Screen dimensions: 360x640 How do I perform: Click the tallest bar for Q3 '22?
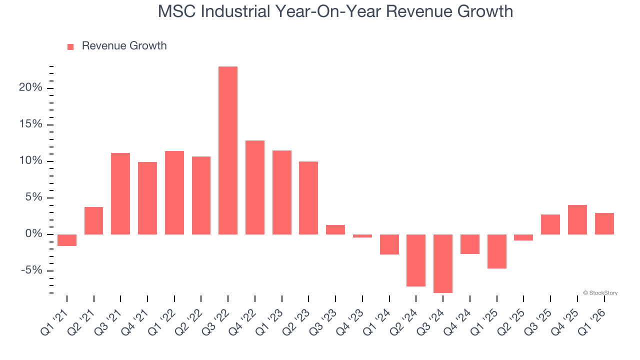point(228,150)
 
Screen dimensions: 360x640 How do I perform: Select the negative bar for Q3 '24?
point(443,263)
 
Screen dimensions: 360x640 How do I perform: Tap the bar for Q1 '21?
point(67,240)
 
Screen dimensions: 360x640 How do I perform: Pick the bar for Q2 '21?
point(93,220)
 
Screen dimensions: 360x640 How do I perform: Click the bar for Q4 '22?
point(255,187)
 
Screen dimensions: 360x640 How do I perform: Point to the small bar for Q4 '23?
point(362,235)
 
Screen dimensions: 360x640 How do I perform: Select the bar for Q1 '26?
point(604,223)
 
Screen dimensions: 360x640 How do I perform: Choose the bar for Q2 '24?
point(416,260)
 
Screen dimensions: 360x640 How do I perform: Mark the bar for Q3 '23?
point(335,229)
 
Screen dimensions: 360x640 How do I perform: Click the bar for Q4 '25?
point(577,219)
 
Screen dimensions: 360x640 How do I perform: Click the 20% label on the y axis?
point(31,88)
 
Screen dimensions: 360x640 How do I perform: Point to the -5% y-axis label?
point(31,271)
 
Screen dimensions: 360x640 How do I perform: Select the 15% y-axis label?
point(31,124)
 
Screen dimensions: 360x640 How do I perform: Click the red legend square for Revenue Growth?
point(70,46)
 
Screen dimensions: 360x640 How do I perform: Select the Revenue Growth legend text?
point(124,46)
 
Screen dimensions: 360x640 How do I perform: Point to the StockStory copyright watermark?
point(600,293)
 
